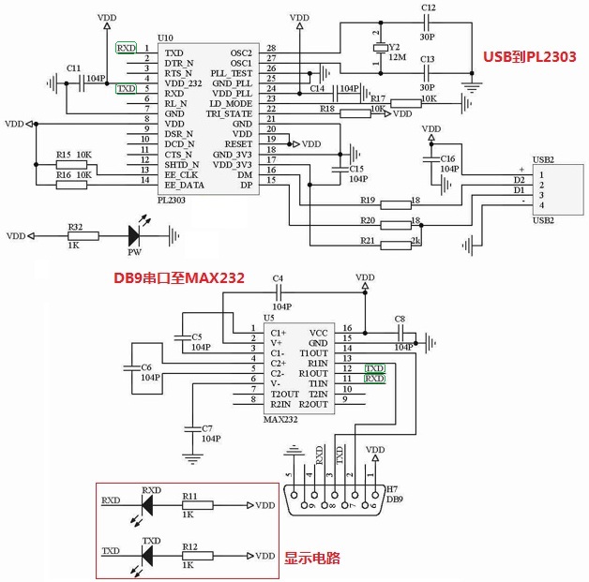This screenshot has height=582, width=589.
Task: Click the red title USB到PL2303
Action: pos(529,56)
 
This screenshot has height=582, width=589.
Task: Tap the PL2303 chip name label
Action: pos(173,200)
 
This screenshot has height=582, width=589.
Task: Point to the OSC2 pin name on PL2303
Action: pos(241,52)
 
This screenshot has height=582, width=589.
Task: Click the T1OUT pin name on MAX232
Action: pos(312,352)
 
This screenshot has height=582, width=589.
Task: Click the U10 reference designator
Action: pos(165,37)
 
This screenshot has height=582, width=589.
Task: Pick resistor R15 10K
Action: pos(73,164)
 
